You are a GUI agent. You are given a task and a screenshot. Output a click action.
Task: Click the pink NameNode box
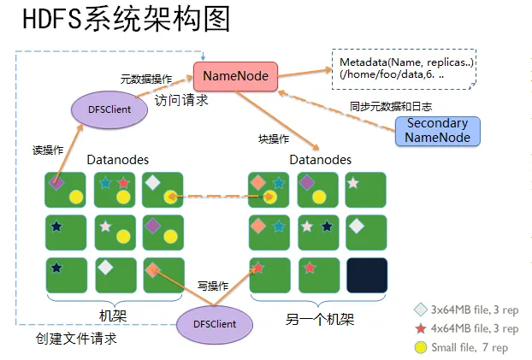pyautogui.click(x=235, y=77)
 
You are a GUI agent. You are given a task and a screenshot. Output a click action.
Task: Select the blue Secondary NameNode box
pyautogui.click(x=437, y=131)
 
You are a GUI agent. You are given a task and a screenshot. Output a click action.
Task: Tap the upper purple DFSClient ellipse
pyautogui.click(x=108, y=110)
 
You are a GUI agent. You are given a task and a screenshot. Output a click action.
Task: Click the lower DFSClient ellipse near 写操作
pyautogui.click(x=217, y=324)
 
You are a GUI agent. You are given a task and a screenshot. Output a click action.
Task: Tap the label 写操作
pyautogui.click(x=212, y=286)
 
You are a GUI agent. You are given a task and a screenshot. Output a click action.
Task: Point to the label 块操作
pyautogui.click(x=274, y=139)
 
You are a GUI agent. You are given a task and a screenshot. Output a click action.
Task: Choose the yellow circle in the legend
pyautogui.click(x=421, y=347)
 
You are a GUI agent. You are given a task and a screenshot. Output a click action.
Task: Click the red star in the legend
pyautogui.click(x=421, y=328)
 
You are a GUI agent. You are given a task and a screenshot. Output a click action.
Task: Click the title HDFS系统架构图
pyautogui.click(x=126, y=21)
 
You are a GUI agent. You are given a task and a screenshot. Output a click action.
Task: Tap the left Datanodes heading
pyautogui.click(x=118, y=160)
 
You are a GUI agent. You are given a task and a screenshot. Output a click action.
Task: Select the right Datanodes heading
pyautogui.click(x=321, y=160)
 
